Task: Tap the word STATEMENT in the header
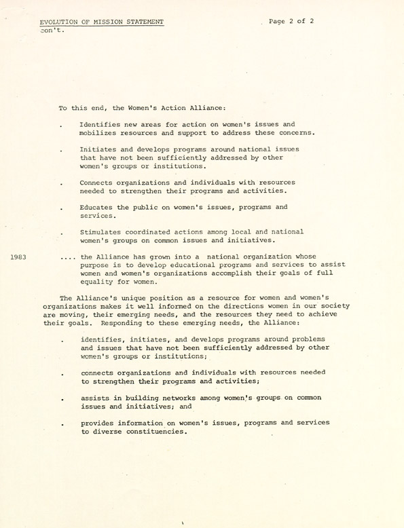tap(141, 22)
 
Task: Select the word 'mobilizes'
tap(99, 133)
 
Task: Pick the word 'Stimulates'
tap(101, 231)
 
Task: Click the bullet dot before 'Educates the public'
tap(62, 208)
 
